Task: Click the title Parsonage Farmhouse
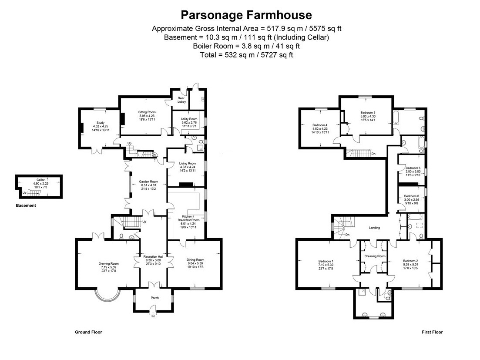[x=246, y=15]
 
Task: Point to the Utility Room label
[x=189, y=119]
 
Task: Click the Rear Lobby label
[x=181, y=100]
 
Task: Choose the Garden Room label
[x=148, y=182]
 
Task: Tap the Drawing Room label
[x=108, y=263]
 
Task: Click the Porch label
[x=154, y=298]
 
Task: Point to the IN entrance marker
[x=153, y=316]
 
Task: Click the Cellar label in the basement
[x=40, y=179]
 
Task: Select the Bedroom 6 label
[x=411, y=196]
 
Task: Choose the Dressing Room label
[x=375, y=256]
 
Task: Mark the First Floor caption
[x=432, y=332]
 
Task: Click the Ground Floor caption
[x=88, y=332]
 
